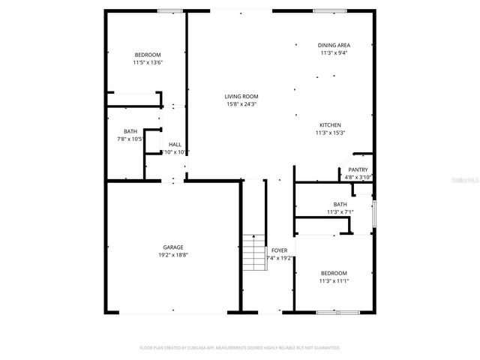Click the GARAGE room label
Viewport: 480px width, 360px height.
173,247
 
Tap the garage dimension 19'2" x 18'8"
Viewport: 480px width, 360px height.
173,255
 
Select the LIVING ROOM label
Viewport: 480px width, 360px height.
241,96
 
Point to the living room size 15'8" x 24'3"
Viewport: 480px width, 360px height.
241,104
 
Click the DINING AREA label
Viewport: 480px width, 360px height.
333,45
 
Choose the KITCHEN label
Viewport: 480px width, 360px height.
331,124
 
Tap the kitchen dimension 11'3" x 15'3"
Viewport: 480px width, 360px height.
331,133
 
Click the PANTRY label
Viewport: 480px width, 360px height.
358,169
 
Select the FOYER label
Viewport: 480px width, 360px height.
279,250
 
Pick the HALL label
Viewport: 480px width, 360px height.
175,144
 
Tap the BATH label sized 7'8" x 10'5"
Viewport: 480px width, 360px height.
130,131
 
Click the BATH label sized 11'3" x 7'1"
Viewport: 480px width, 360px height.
340,204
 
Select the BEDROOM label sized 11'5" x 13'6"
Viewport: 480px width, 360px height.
148,55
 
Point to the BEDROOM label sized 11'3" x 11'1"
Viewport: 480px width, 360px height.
334,273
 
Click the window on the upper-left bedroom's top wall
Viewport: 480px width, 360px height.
169,11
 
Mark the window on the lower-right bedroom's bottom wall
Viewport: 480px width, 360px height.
332,311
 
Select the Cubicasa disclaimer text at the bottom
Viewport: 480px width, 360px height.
240,348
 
